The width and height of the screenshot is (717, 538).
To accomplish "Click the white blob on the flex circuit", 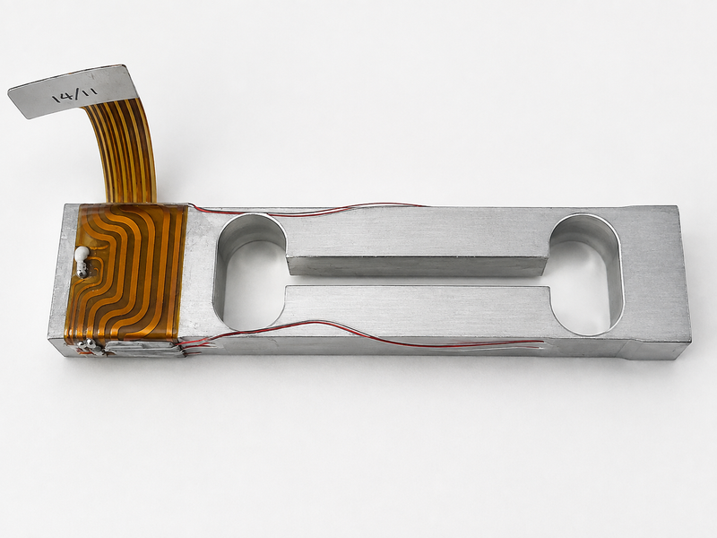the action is (x=82, y=254).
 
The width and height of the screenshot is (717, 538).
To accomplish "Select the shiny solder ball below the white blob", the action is (x=82, y=271).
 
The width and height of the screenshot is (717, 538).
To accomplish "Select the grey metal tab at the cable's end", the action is (x=69, y=91).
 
